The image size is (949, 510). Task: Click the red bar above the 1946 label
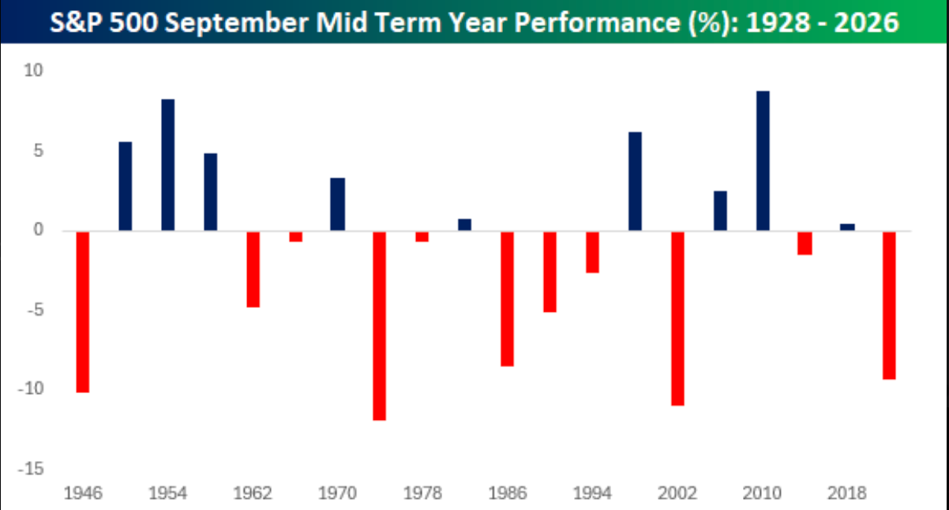[x=83, y=312]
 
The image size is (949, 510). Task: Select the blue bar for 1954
[x=167, y=165]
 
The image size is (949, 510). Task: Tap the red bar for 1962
[x=253, y=269]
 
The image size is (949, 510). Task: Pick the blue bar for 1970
[x=338, y=204]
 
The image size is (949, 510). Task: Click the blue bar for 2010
[x=763, y=161]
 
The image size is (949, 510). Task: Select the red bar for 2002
[x=678, y=318]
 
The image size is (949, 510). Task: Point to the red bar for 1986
[x=508, y=299]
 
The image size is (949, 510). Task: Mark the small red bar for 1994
[x=593, y=253]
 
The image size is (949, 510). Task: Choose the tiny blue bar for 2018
[x=848, y=227]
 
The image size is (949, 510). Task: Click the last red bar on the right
[x=889, y=306]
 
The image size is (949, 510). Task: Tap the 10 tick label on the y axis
[x=33, y=71]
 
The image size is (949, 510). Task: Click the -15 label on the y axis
[x=31, y=469]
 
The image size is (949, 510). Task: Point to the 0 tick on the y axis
[x=39, y=230]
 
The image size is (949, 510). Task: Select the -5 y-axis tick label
[x=36, y=310]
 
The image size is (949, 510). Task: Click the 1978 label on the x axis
[x=422, y=493]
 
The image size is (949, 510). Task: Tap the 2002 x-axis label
[x=677, y=493]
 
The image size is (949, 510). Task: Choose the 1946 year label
[x=83, y=493]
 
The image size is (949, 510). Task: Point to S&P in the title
[x=77, y=22]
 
